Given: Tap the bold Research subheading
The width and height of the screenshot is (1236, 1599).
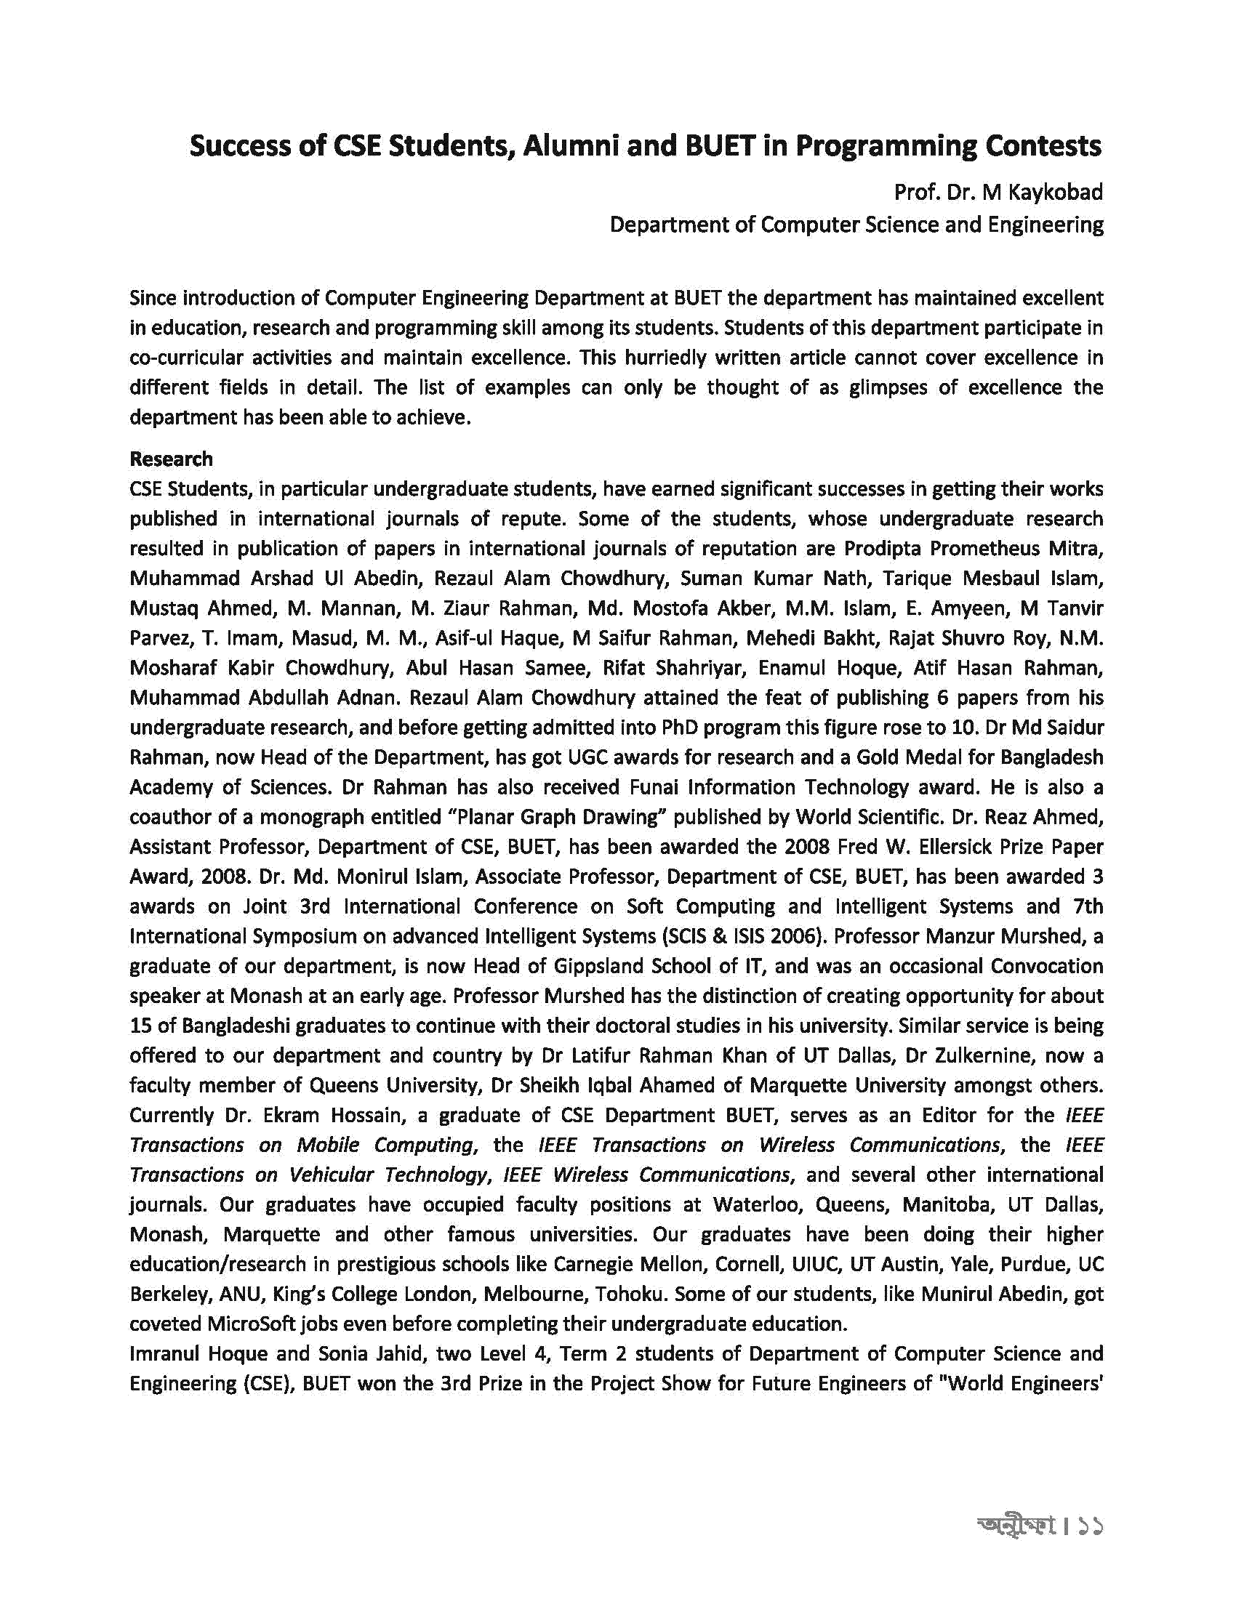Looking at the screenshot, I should tap(172, 459).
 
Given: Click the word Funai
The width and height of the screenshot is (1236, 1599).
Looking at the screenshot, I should tap(651, 787).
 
